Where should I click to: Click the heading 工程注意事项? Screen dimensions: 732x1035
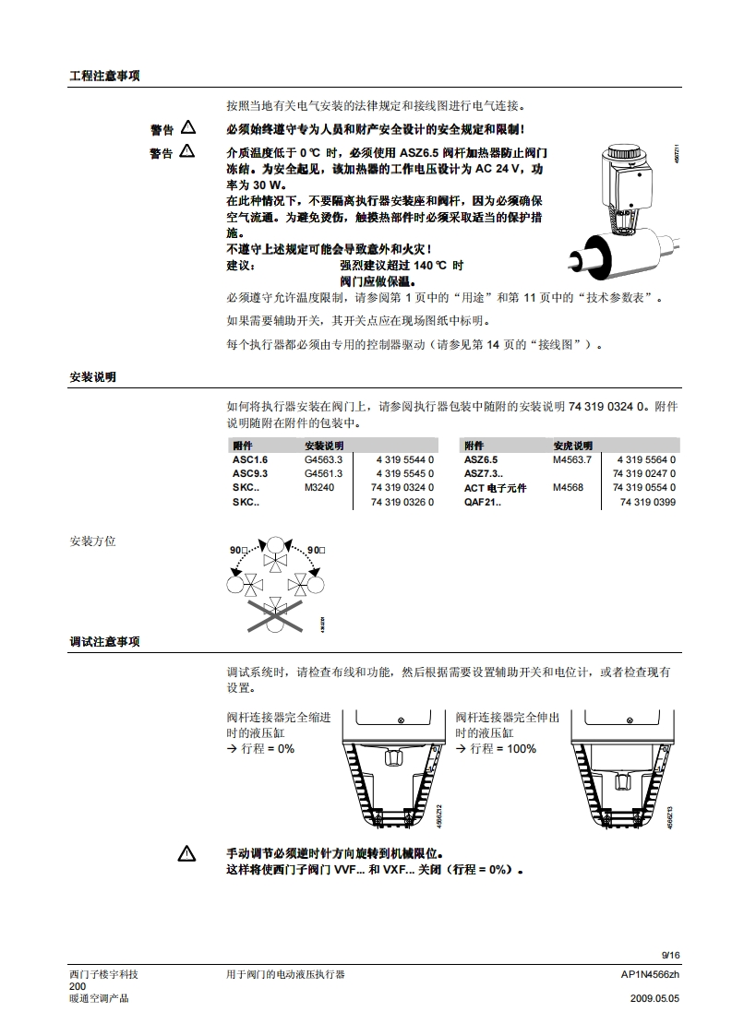[x=104, y=76]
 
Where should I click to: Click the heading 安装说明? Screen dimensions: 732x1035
[x=92, y=377]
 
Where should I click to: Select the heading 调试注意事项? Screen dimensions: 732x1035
[x=104, y=642]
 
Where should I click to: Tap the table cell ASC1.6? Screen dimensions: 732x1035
[x=250, y=459]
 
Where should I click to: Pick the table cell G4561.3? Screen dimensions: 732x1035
[x=323, y=473]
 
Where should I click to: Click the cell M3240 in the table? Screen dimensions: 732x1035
[x=319, y=487]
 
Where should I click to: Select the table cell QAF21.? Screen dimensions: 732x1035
[x=482, y=503]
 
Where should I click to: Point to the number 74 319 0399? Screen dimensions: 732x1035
[x=647, y=503]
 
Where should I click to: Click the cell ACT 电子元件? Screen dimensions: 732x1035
[x=495, y=488]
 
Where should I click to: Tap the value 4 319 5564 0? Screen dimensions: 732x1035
[x=646, y=459]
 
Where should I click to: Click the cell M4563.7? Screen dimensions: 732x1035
[x=572, y=459]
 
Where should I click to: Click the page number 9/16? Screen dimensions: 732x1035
[x=670, y=955]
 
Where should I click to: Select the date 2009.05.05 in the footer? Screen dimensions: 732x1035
[x=654, y=999]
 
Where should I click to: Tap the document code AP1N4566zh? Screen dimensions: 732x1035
[x=650, y=974]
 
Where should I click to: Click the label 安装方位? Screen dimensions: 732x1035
[x=92, y=541]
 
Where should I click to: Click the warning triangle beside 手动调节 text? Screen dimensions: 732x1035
[x=187, y=854]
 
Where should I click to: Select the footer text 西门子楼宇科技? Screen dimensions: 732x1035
[x=103, y=974]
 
